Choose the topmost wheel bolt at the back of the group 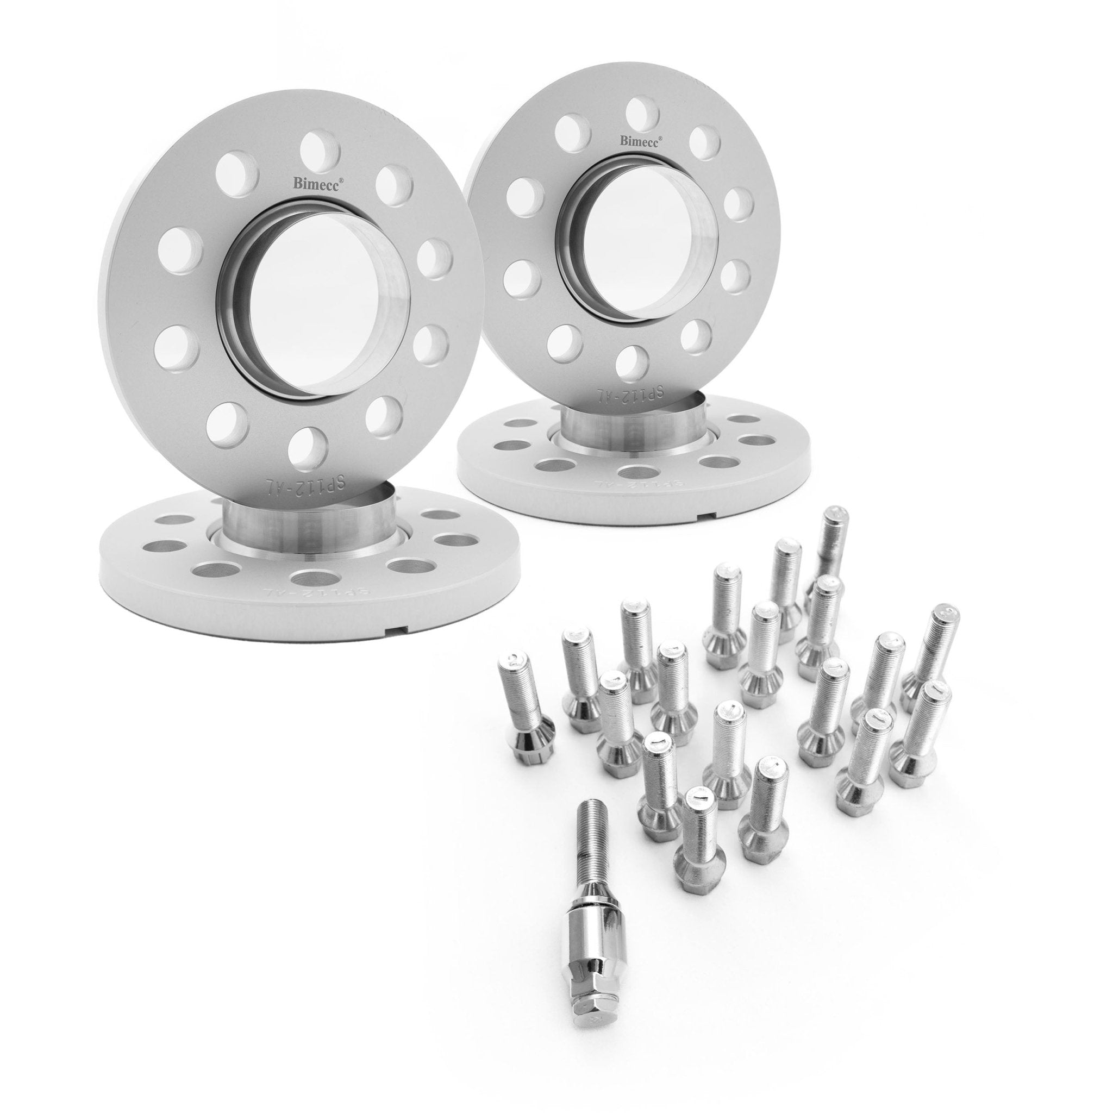coord(830,546)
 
